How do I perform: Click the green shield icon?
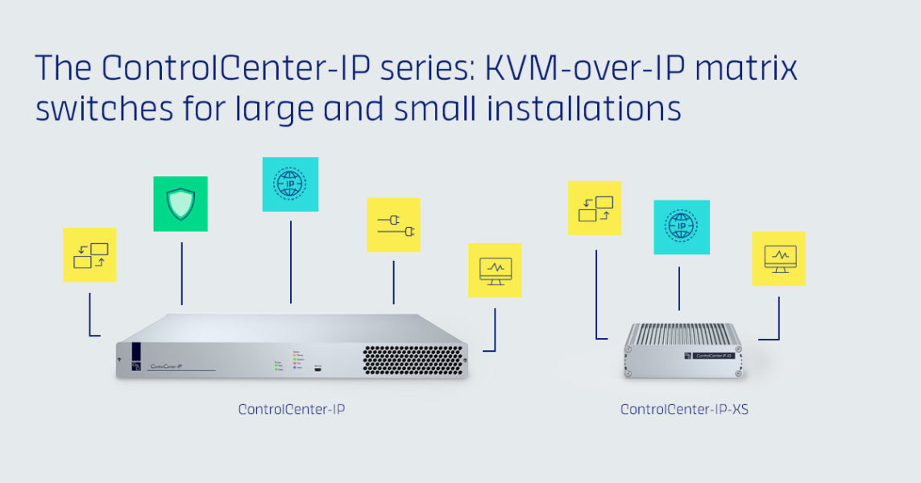(180, 204)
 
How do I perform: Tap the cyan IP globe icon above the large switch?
(290, 184)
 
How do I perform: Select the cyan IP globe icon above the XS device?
(682, 227)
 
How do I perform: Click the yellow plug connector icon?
(393, 225)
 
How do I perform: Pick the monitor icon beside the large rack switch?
(495, 270)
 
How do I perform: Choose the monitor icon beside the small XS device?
(779, 258)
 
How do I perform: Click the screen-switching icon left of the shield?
(89, 255)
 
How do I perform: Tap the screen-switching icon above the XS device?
(595, 208)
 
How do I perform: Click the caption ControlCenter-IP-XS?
(684, 410)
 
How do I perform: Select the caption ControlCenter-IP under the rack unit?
(292, 409)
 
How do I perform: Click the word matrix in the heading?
(752, 69)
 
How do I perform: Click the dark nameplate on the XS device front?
(708, 355)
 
